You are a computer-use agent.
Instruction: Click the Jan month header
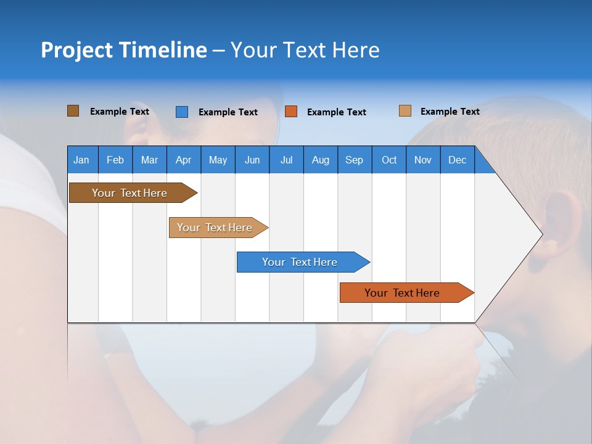click(x=81, y=160)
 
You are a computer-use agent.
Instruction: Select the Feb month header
click(x=115, y=160)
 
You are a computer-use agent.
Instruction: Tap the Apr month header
click(x=183, y=160)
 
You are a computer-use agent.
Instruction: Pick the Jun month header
click(x=252, y=160)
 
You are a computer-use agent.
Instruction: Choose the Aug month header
click(x=320, y=160)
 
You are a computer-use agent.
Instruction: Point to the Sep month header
click(x=354, y=160)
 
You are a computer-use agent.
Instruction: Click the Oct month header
click(x=389, y=160)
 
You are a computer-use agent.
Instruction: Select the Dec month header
click(x=457, y=160)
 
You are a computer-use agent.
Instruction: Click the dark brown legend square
click(x=73, y=111)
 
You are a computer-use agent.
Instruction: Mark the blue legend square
click(x=181, y=112)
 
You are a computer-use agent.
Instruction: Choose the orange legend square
click(x=291, y=112)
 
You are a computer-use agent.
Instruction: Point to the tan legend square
click(x=405, y=111)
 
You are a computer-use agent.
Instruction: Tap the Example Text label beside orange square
click(x=336, y=112)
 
